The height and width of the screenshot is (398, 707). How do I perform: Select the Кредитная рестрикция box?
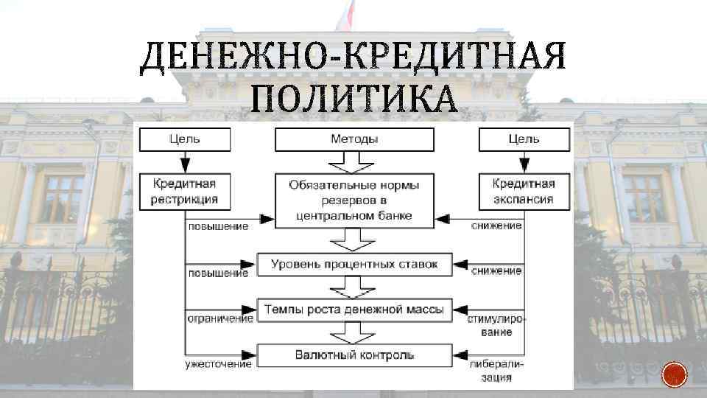(185, 191)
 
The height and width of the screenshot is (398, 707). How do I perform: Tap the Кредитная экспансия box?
(524, 191)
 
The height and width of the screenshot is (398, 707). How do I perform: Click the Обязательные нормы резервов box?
(354, 200)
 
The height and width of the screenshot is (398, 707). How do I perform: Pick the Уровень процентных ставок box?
(354, 264)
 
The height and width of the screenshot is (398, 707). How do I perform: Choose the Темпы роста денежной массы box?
(354, 310)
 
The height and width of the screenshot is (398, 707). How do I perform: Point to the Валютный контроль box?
(354, 355)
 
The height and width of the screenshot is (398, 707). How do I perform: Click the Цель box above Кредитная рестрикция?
(185, 139)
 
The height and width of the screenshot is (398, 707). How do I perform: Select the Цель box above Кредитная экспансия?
(524, 139)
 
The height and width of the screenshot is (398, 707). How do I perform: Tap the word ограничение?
(219, 319)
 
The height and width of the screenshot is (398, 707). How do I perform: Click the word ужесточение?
(219, 364)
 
